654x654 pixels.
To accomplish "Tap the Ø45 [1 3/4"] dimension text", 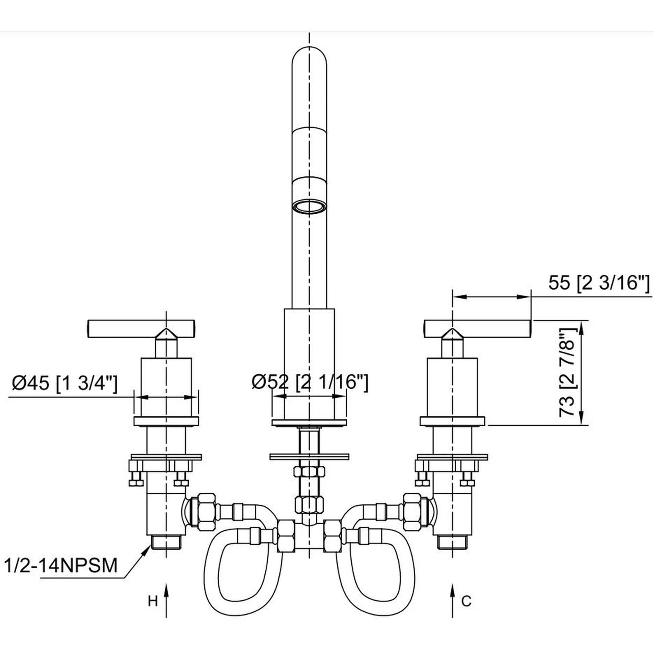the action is pos(64,384).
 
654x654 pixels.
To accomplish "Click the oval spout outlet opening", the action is pos(309,207).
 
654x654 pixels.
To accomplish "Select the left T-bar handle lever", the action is pos(141,329).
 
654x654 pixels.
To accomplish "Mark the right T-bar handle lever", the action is pos(477,329).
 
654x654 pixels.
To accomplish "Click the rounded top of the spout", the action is pos(309,57).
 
